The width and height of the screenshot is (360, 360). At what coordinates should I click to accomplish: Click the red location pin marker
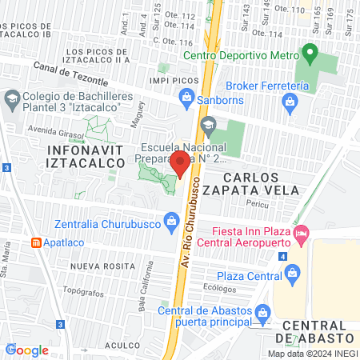pyautogui.click(x=181, y=164)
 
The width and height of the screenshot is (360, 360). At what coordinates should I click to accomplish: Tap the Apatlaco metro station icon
pyautogui.click(x=36, y=242)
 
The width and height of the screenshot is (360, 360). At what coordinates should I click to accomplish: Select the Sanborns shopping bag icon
pyautogui.click(x=186, y=97)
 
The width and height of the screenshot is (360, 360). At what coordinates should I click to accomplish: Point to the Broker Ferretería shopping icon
pyautogui.click(x=290, y=101)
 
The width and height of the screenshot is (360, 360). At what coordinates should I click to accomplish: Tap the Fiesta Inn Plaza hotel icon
pyautogui.click(x=301, y=234)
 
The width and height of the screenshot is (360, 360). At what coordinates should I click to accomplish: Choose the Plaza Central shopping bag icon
pyautogui.click(x=292, y=274)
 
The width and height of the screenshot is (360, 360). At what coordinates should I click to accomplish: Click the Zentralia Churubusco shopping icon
pyautogui.click(x=170, y=220)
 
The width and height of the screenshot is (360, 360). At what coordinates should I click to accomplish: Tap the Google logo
pyautogui.click(x=27, y=350)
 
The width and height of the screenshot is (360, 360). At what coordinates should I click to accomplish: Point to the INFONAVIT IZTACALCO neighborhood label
pyautogui.click(x=86, y=156)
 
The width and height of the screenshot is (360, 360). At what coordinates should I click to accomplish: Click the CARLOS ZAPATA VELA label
pyautogui.click(x=261, y=183)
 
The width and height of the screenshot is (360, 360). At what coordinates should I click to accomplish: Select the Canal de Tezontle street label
pyautogui.click(x=71, y=74)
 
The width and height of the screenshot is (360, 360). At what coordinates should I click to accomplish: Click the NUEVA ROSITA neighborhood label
pyautogui.click(x=100, y=266)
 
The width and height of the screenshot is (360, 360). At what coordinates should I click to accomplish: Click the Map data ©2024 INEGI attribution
pyautogui.click(x=311, y=353)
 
